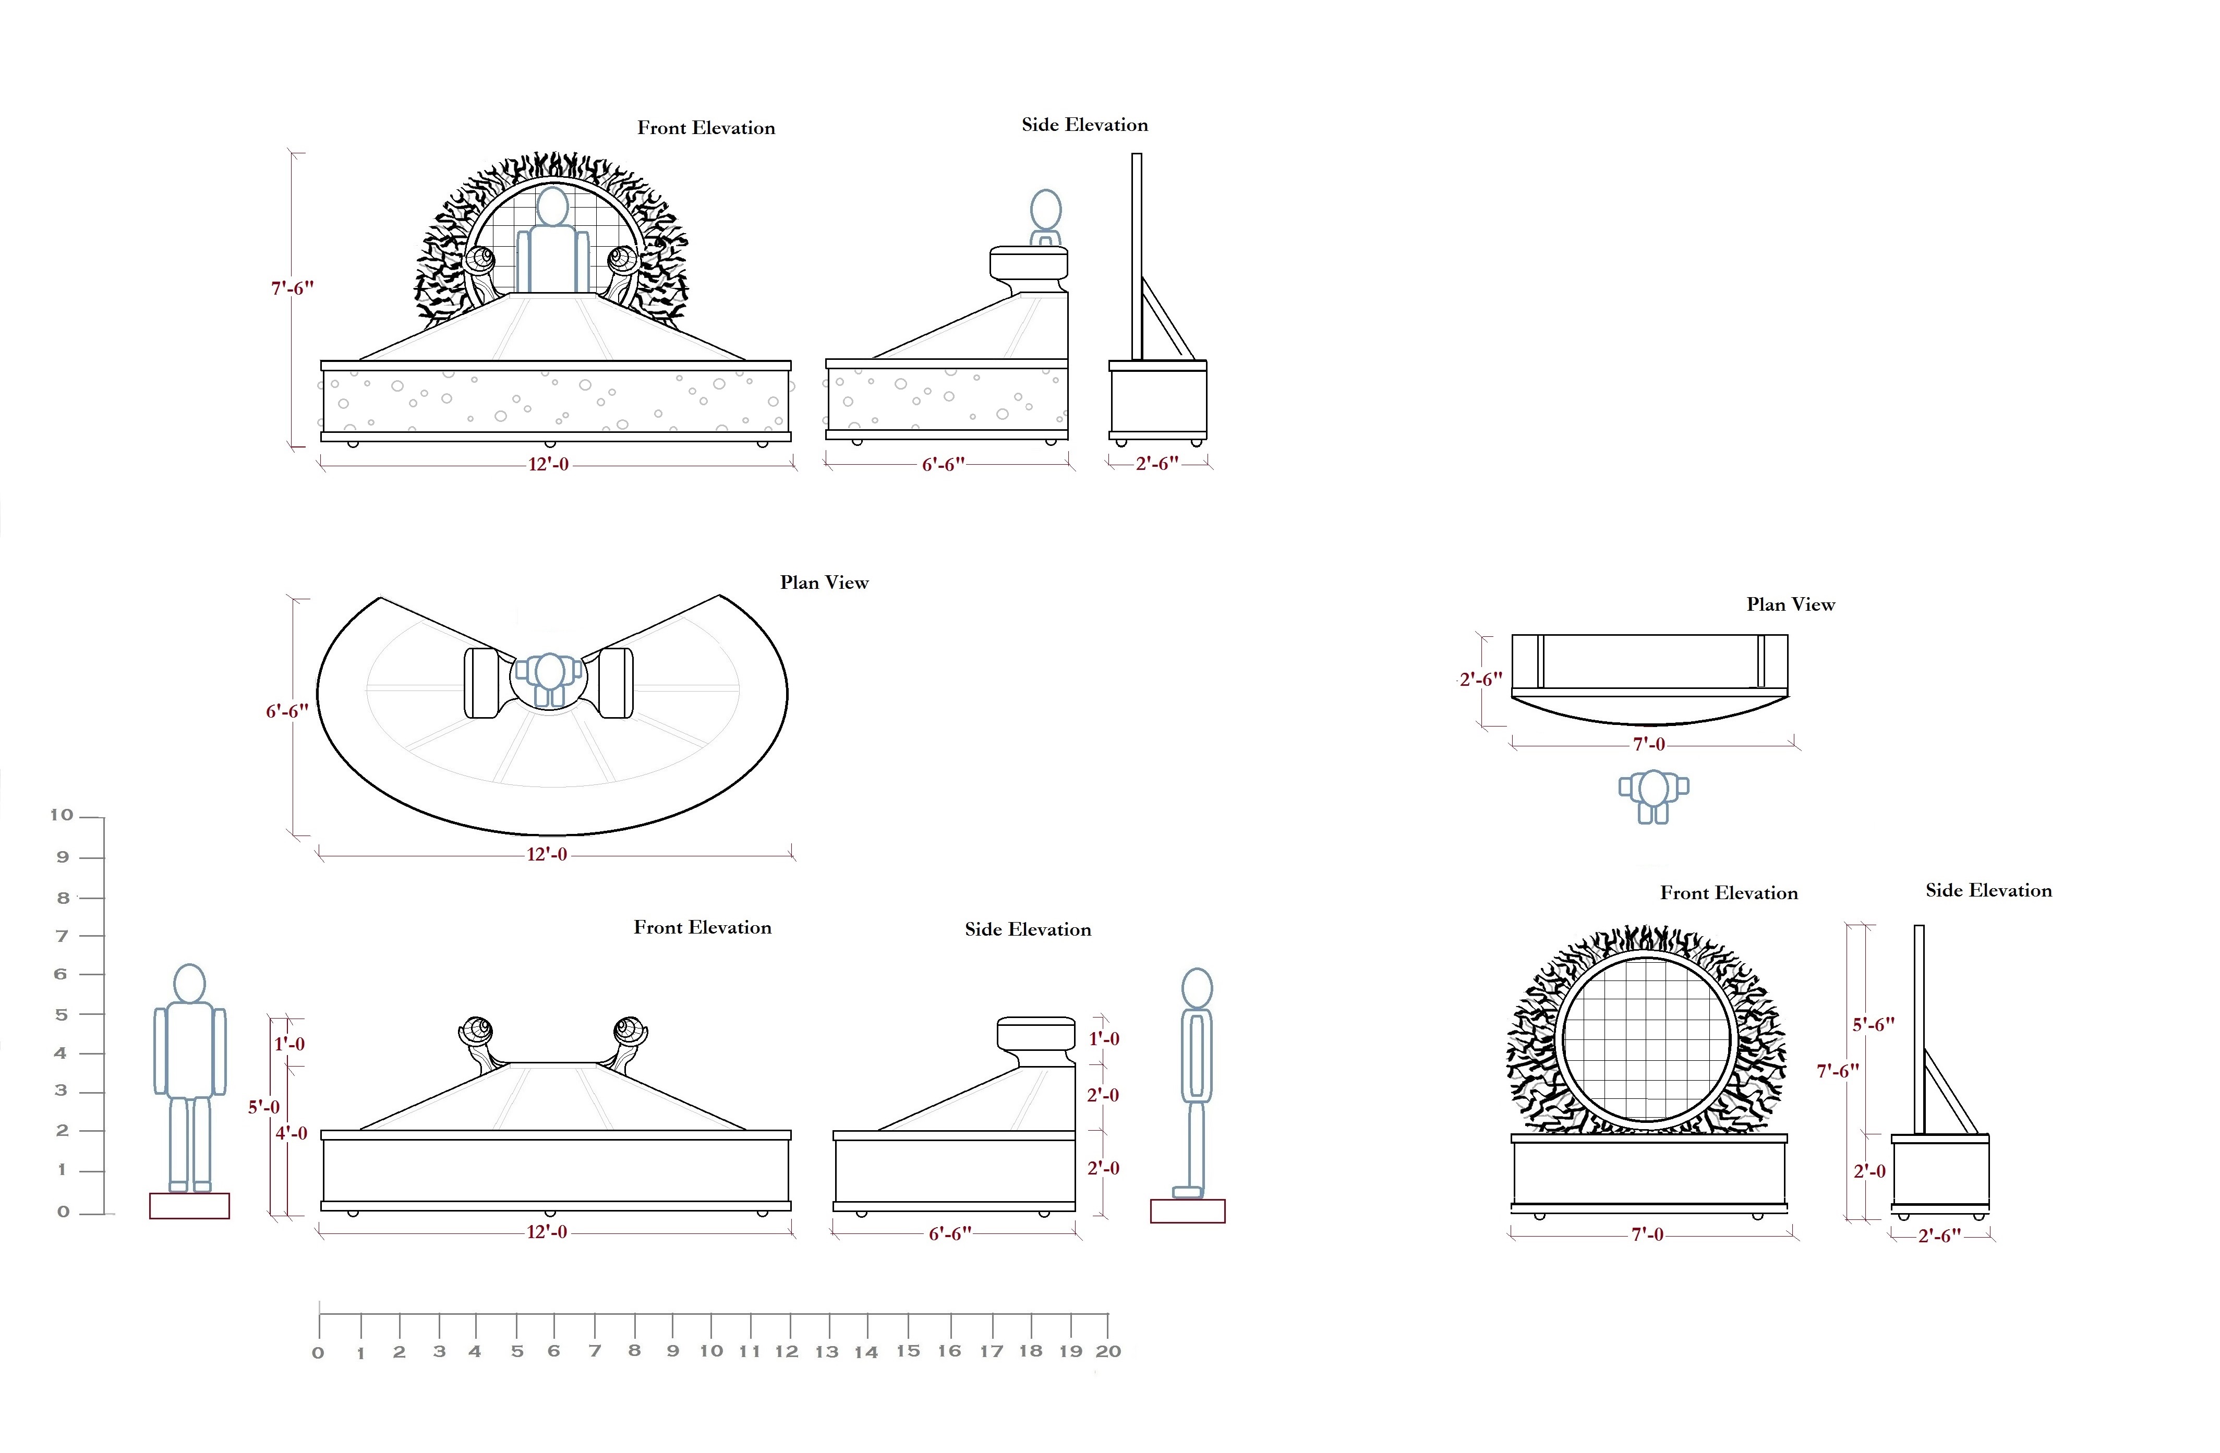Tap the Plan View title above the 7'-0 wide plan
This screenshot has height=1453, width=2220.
1790,604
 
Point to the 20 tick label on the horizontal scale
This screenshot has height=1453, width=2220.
1108,1351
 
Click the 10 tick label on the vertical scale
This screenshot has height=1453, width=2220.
62,815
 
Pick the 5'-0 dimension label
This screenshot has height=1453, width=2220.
263,1107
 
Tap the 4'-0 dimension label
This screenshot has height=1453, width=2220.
291,1133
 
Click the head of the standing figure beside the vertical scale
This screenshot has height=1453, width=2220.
189,983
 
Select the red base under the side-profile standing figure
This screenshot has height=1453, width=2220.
1187,1210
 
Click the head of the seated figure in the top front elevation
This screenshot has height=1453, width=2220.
552,207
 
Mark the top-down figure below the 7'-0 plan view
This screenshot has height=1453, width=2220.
1653,795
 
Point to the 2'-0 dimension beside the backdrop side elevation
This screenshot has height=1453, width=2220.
1869,1171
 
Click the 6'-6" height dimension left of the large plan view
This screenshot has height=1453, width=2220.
286,711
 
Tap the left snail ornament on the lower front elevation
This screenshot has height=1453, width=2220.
478,1033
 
